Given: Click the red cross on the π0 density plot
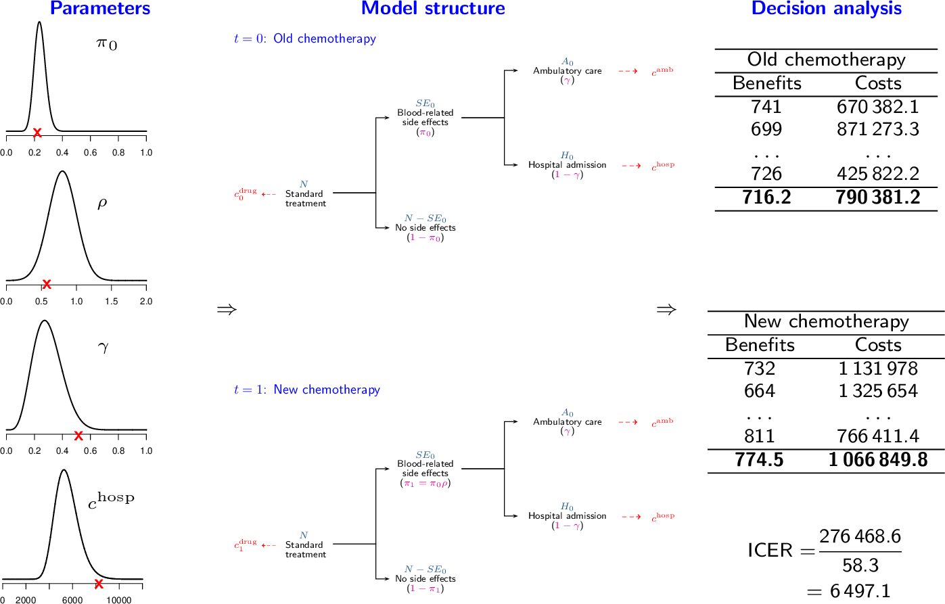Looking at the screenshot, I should tap(37, 133).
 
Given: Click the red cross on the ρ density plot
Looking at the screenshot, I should tap(47, 284).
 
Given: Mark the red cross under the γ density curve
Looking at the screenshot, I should tap(78, 436).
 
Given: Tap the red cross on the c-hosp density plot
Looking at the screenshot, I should tap(99, 584).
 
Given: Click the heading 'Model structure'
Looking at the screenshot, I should tap(433, 9).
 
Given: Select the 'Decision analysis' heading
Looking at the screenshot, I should tap(826, 9).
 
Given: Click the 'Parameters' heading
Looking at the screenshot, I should tap(100, 9).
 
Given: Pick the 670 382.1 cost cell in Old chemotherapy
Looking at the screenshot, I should tap(877, 107).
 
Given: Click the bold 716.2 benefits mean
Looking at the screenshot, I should tap(766, 198).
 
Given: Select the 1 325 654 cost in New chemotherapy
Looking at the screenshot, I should tap(877, 391).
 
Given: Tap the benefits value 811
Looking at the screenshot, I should tap(759, 436).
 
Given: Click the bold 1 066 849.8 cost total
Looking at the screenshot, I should tap(877, 460).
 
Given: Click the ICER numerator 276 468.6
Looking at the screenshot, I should tap(860, 537).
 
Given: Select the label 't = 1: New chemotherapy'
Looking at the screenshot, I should tap(306, 390).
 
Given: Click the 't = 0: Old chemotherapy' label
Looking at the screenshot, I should tap(304, 39).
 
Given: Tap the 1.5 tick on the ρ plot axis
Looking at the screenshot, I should tap(111, 302).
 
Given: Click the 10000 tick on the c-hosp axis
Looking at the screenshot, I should tap(119, 600).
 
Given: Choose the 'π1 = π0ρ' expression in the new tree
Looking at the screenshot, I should tap(425, 484).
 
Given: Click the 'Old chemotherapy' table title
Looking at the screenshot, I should tap(826, 60).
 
